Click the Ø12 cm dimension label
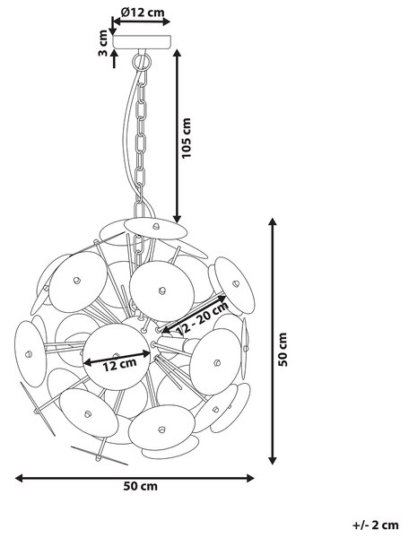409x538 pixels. (143, 13)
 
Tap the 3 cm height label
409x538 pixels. (102, 43)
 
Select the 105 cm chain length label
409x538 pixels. (186, 138)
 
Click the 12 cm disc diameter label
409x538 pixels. (120, 365)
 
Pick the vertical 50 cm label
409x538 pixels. (283, 350)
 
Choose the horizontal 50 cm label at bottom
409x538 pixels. (141, 486)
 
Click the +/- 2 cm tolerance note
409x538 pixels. (376, 525)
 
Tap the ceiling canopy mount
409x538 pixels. (142, 41)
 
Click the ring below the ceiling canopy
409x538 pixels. (141, 62)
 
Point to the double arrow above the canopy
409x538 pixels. (142, 22)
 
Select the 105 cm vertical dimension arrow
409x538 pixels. (177, 136)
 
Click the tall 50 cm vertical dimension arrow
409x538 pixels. (273, 341)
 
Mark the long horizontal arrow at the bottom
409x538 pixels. (135, 478)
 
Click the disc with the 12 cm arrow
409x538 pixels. (117, 357)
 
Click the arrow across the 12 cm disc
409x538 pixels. (117, 357)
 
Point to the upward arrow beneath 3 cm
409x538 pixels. (114, 58)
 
